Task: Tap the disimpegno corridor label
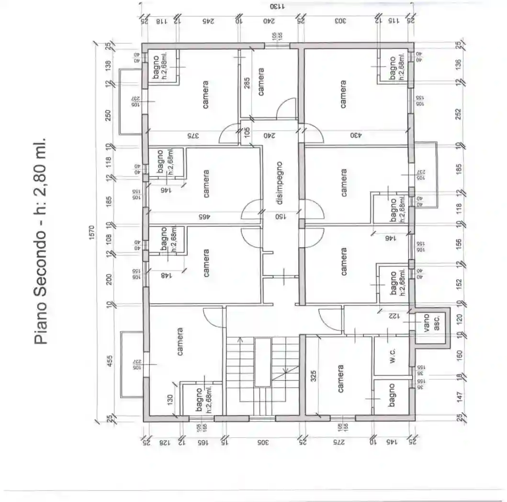(280, 183)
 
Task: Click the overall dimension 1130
(277, 7)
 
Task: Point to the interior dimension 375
(192, 136)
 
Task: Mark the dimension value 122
(393, 316)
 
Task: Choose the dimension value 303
(340, 21)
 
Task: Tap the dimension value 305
(261, 443)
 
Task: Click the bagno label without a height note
(392, 395)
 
